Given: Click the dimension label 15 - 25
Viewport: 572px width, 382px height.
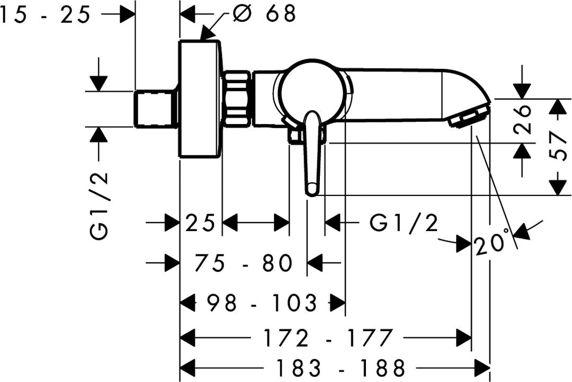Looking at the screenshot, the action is pyautogui.click(x=45, y=16).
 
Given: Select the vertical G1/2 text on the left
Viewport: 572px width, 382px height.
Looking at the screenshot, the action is pyautogui.click(x=99, y=206).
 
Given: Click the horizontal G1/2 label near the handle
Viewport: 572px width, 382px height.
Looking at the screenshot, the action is pyautogui.click(x=404, y=223).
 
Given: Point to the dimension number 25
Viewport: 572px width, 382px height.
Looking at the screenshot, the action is pyautogui.click(x=200, y=223).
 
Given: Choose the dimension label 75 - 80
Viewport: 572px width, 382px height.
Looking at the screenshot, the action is pyautogui.click(x=244, y=263).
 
